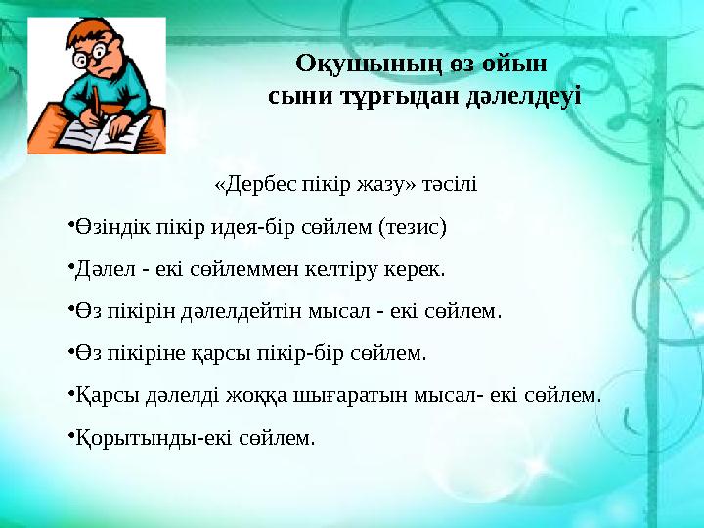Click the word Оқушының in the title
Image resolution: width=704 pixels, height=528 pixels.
(x=347, y=64)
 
